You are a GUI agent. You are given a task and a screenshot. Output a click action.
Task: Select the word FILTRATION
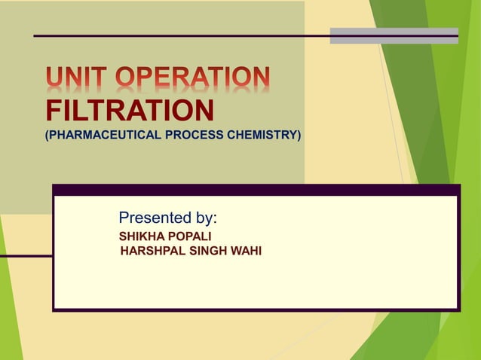(129, 111)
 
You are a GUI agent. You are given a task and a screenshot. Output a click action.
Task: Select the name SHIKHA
(141, 237)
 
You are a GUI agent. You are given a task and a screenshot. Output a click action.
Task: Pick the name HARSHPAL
(152, 251)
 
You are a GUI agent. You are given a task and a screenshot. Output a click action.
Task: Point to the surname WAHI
(247, 251)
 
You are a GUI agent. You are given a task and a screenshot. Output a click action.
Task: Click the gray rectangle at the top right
(394, 35)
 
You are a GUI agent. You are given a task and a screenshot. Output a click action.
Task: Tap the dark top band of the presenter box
(256, 190)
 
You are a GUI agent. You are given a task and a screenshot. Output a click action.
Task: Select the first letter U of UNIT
(54, 78)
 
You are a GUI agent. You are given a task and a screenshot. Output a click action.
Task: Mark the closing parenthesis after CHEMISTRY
(299, 136)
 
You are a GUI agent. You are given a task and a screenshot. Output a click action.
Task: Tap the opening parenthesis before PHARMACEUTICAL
(48, 136)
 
